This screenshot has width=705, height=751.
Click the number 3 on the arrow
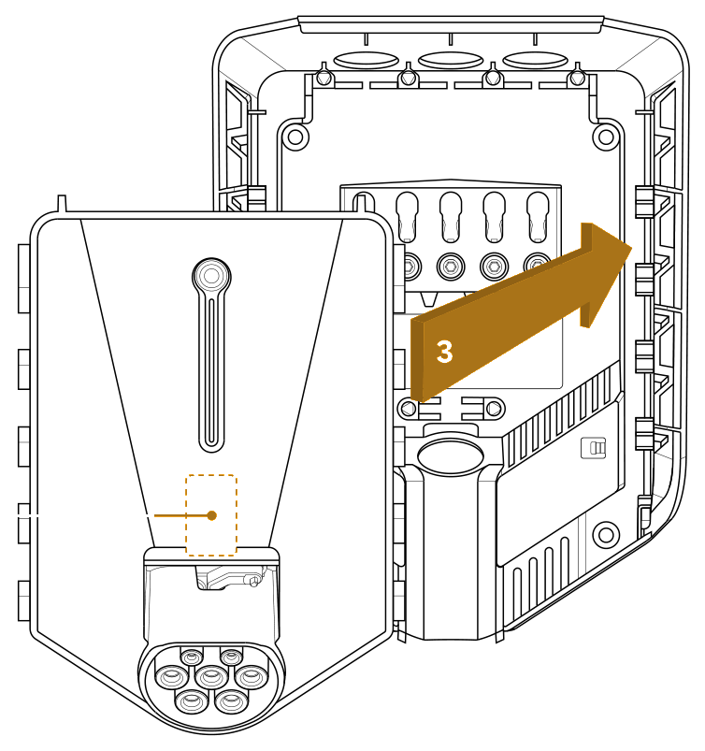tap(444, 352)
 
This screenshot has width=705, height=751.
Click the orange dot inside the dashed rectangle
tap(211, 515)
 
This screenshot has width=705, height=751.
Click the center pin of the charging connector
tap(211, 676)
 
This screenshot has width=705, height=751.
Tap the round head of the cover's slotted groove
tap(211, 276)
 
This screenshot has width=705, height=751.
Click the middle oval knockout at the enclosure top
tap(451, 61)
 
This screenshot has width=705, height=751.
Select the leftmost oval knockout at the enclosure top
tap(366, 61)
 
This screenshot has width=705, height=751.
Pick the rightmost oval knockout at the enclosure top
tap(535, 61)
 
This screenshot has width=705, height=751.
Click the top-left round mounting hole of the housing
tap(295, 137)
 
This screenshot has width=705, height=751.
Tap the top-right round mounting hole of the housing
tap(606, 137)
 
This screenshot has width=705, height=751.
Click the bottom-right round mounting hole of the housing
tap(606, 534)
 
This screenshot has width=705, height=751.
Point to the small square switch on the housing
tap(593, 448)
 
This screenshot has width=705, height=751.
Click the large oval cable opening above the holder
tap(450, 455)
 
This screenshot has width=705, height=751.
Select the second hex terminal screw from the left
tap(451, 266)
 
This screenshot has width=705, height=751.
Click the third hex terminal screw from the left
tap(495, 266)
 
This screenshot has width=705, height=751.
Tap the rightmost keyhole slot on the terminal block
tap(538, 217)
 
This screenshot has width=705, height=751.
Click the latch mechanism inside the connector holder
tap(230, 577)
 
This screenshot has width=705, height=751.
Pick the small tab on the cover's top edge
tap(62, 203)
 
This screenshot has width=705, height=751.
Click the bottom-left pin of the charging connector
tap(192, 700)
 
